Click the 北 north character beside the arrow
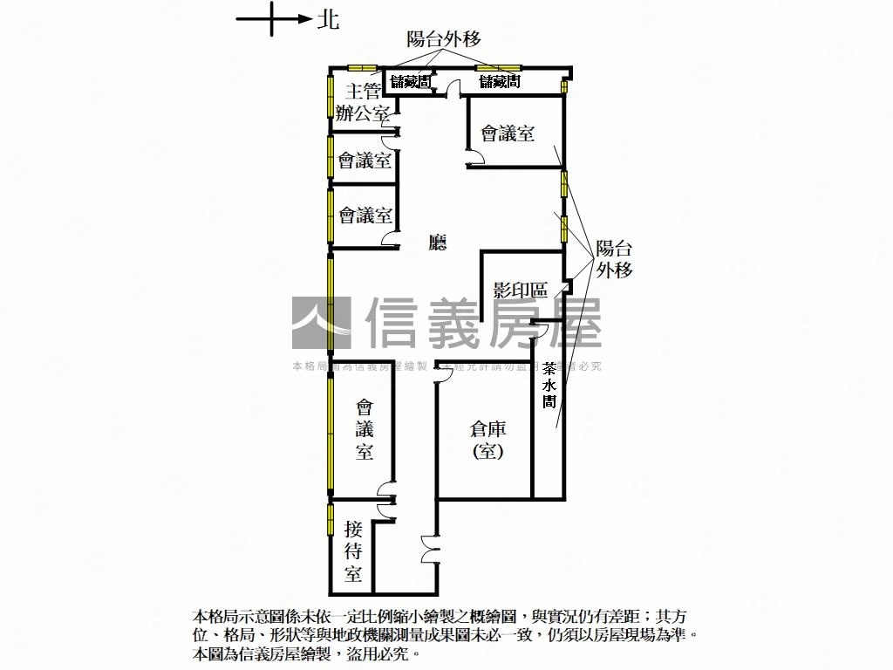click(329, 19)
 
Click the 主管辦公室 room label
click(363, 102)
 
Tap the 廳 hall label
click(438, 243)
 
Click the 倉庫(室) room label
click(488, 440)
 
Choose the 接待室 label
click(353, 551)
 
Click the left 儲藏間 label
click(410, 82)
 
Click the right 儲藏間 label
click(500, 82)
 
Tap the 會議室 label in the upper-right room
click(508, 133)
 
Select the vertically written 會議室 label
click(365, 429)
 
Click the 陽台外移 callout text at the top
click(444, 38)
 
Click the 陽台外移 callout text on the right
click(614, 259)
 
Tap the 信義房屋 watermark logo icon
click(321, 323)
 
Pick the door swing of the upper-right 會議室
click(478, 157)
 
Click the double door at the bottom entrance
click(427, 550)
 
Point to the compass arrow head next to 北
click(304, 18)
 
